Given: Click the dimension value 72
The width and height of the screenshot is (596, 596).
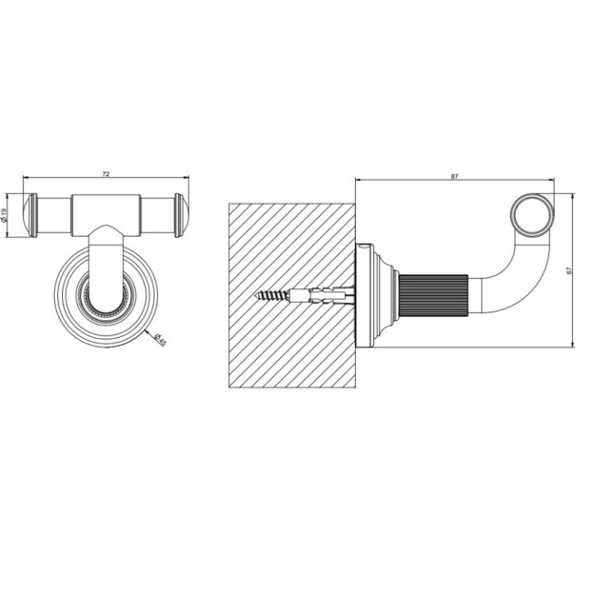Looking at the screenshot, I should point(106,174).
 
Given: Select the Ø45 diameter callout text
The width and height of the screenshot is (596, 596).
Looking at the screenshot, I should point(160,339).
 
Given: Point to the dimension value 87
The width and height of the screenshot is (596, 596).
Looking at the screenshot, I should point(454,175).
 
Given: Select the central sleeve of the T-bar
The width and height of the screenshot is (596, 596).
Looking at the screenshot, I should point(106,213).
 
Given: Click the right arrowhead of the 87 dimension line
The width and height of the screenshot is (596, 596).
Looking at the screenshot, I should point(550,180).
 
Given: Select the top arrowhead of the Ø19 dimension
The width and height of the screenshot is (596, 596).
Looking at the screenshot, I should point(9,196).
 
